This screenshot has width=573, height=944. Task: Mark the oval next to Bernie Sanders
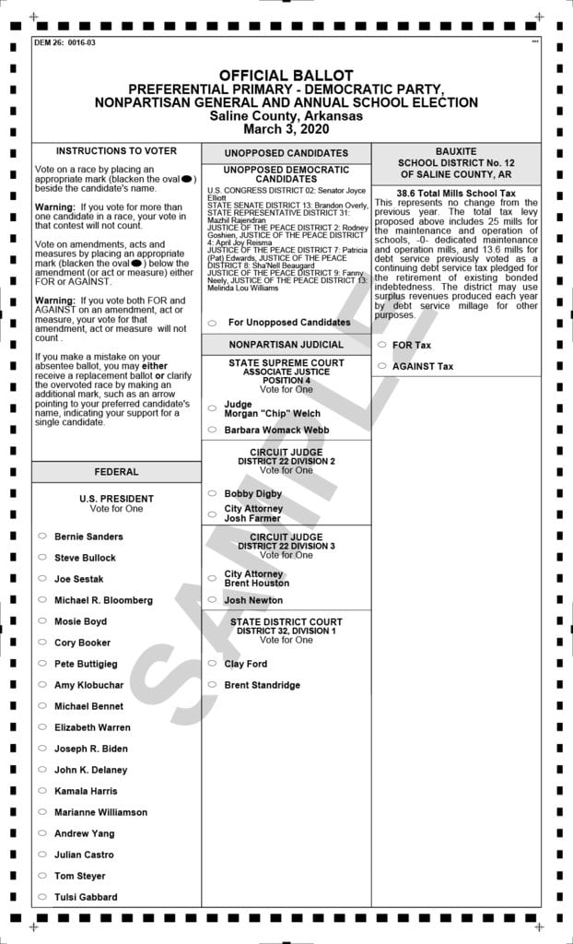pyautogui.click(x=42, y=536)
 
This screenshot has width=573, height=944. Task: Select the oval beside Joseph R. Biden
pyautogui.click(x=42, y=749)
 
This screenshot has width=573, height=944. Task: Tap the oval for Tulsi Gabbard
pyautogui.click(x=42, y=897)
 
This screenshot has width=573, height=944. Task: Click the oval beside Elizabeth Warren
pyautogui.click(x=42, y=727)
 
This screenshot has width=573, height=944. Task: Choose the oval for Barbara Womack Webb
pyautogui.click(x=212, y=430)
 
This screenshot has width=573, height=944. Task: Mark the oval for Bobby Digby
pyautogui.click(x=212, y=493)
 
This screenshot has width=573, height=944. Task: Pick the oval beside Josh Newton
pyautogui.click(x=212, y=600)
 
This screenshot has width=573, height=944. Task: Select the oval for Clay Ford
pyautogui.click(x=212, y=664)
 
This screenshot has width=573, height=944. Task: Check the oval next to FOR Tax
pyautogui.click(x=381, y=345)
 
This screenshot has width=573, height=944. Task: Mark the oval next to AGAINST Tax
pyautogui.click(x=381, y=366)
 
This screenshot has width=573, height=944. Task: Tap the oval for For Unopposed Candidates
pyautogui.click(x=212, y=323)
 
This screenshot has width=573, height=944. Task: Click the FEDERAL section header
pyautogui.click(x=116, y=472)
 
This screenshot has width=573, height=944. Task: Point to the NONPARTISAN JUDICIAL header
pyautogui.click(x=286, y=344)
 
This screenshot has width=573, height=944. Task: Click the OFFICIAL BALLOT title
pyautogui.click(x=286, y=76)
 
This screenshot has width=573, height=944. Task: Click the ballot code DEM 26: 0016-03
pyautogui.click(x=64, y=42)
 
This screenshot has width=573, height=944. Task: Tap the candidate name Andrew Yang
pyautogui.click(x=84, y=833)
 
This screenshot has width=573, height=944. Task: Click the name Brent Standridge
pyautogui.click(x=262, y=685)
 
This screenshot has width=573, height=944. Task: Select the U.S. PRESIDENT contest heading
pyautogui.click(x=116, y=499)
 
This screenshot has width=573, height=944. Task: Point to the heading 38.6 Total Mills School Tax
pyautogui.click(x=456, y=194)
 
